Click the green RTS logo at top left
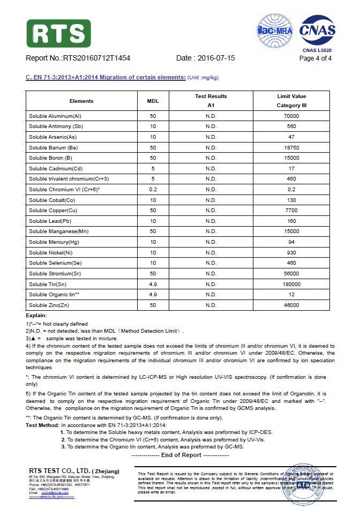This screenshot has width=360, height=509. [x=58, y=33]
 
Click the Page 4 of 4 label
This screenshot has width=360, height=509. [x=316, y=58]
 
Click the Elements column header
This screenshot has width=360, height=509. [x=81, y=101]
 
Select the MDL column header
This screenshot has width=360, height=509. [x=153, y=101]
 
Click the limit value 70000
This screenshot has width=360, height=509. [x=291, y=116]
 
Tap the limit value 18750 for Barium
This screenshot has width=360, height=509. [x=291, y=147]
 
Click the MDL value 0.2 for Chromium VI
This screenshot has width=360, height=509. [x=153, y=189]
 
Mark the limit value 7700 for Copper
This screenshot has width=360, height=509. [x=291, y=211]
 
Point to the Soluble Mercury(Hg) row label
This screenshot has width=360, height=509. [x=56, y=242]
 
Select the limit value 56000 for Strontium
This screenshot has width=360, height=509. [x=291, y=274]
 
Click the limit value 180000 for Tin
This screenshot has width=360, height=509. [x=291, y=284]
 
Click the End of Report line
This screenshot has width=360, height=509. [x=180, y=455]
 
